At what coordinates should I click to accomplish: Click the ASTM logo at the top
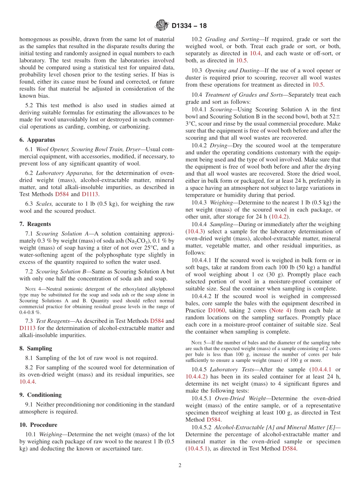click(162, 26)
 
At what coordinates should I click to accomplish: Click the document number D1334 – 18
click(189, 26)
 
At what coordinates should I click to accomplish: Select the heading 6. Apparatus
click(37, 140)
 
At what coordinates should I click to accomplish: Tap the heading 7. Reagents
click(35, 224)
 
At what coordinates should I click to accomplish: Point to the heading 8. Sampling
click(36, 348)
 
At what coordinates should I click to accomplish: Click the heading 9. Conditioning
click(41, 395)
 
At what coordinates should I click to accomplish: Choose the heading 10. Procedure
click(38, 425)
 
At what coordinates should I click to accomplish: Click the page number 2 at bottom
click(180, 465)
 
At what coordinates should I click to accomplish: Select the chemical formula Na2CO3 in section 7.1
click(141, 241)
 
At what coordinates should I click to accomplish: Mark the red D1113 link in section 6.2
click(90, 194)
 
